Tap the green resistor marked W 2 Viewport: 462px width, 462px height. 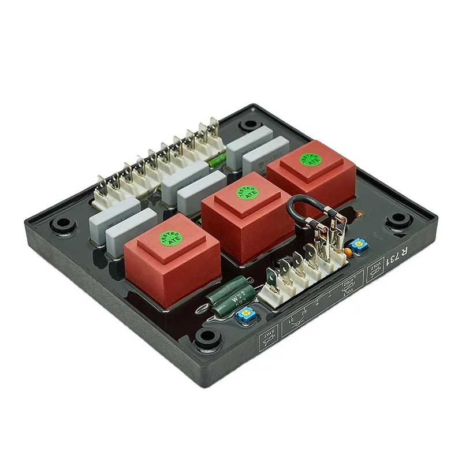(x=234, y=300)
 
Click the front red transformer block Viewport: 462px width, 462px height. (x=172, y=254)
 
